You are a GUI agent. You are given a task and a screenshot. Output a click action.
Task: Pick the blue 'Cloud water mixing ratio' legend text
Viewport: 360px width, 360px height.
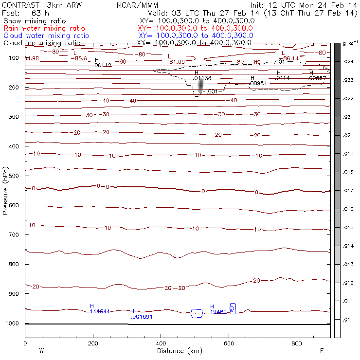click(x=46, y=36)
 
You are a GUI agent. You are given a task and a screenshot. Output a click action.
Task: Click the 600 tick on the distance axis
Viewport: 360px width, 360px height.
click(x=229, y=343)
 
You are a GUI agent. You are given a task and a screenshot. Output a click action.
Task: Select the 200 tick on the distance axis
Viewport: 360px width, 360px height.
click(x=92, y=343)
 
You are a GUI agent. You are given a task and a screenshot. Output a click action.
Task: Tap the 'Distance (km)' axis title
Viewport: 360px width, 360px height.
click(x=177, y=351)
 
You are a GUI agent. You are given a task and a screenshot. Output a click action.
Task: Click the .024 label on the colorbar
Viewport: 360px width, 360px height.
click(x=349, y=62)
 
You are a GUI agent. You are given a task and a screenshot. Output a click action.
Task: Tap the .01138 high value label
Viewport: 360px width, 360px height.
click(x=202, y=78)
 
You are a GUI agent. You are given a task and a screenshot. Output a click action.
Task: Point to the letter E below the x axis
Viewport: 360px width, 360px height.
click(x=322, y=351)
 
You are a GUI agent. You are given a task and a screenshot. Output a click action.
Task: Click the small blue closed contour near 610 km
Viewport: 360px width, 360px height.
click(x=233, y=308)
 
